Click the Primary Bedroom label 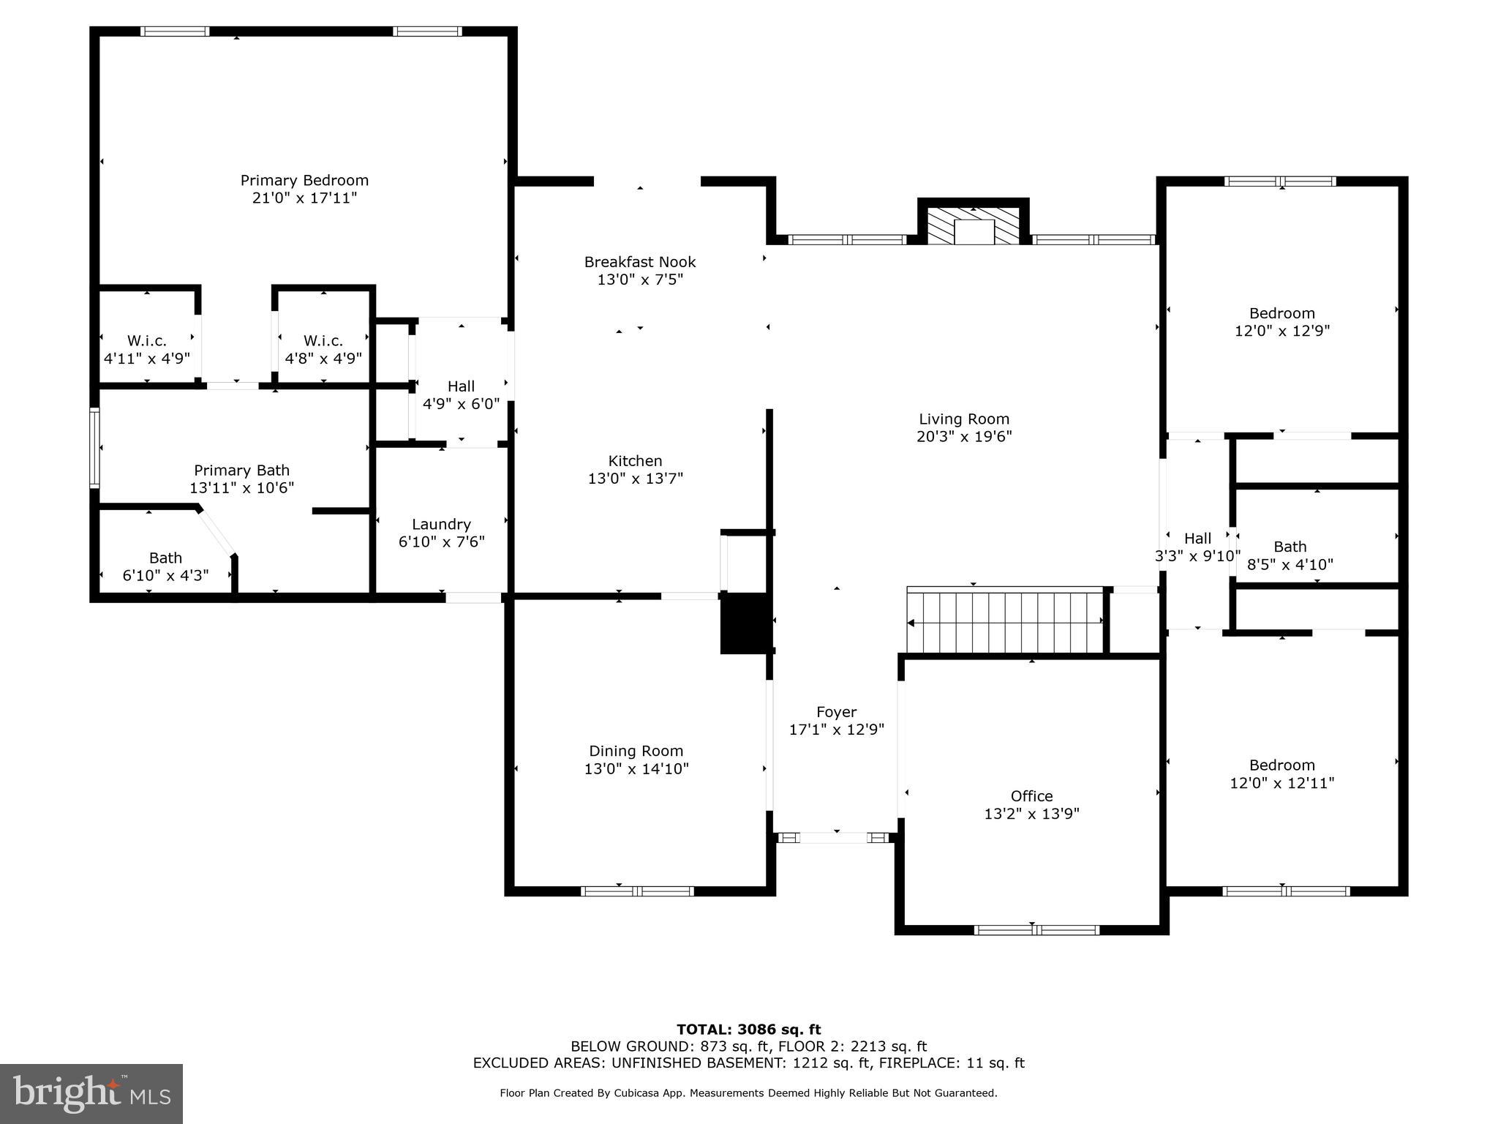tap(304, 180)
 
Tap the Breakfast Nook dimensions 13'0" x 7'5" tap(640, 280)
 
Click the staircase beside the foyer tap(1005, 622)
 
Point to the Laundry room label tap(441, 524)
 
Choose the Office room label tap(1031, 796)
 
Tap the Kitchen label tap(635, 461)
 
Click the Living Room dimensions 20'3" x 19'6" tap(964, 437)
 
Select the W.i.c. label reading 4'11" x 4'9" tap(147, 350)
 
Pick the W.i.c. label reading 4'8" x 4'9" tap(323, 350)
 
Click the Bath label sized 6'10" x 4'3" tap(165, 566)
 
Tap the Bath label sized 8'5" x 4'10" tap(1290, 555)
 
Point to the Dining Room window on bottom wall tap(637, 891)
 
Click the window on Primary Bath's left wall tap(94, 447)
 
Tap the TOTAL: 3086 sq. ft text tap(748, 1030)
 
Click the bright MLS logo tap(91, 1093)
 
